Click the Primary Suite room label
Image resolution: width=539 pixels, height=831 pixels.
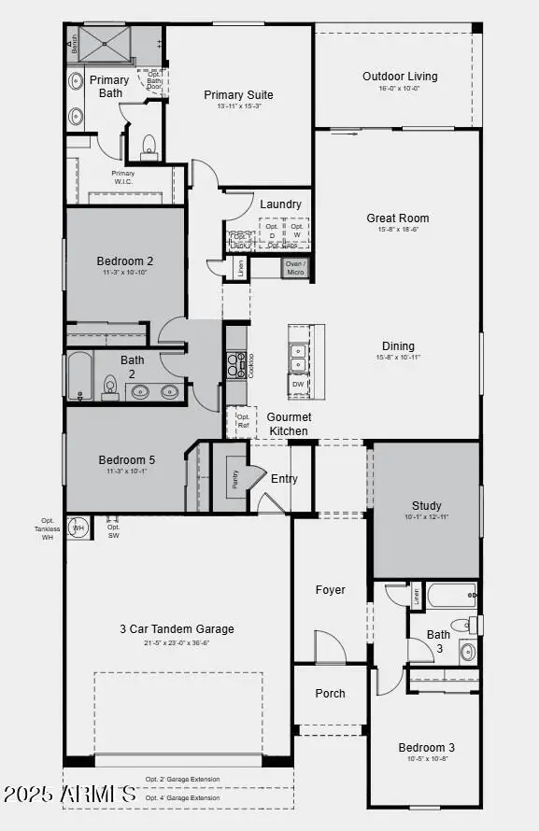[x=238, y=94]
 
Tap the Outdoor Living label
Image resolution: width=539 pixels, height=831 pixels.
[x=400, y=77]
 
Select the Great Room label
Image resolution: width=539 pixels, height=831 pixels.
[x=397, y=218]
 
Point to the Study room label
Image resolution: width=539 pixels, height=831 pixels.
[x=426, y=506]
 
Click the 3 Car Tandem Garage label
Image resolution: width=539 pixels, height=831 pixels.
[x=177, y=628]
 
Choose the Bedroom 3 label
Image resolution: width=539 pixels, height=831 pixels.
[x=426, y=747]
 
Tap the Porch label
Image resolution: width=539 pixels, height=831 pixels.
[x=330, y=693]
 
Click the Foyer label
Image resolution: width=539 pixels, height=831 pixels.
[x=330, y=589]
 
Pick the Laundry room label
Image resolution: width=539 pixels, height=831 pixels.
[x=280, y=204]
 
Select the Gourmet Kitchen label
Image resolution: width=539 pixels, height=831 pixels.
[x=289, y=424]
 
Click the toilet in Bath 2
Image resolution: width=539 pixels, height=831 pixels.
[x=109, y=387]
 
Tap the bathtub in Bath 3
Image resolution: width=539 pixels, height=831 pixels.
[x=451, y=595]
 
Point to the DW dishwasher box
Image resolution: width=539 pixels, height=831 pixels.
[x=298, y=384]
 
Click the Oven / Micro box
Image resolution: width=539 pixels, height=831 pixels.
[x=295, y=268]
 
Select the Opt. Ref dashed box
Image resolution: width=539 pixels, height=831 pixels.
[x=242, y=422]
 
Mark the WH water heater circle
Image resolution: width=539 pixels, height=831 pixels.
[x=78, y=528]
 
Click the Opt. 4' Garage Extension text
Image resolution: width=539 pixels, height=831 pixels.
[x=182, y=797]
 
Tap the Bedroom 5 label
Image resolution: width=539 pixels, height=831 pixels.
[x=127, y=459]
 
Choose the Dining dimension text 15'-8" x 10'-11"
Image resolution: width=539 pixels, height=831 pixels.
[x=398, y=358]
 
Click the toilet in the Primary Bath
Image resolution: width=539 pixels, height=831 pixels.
[x=149, y=147]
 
